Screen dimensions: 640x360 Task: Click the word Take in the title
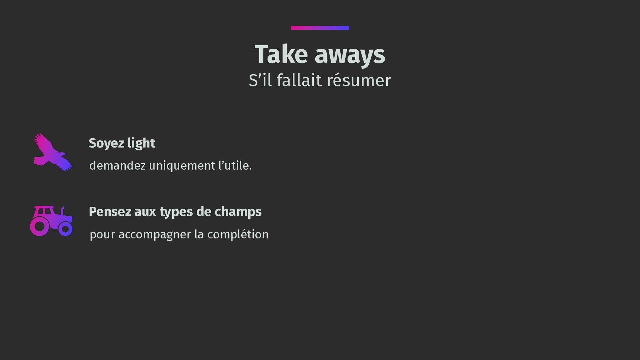tap(281, 54)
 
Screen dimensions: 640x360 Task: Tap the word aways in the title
tap(350, 56)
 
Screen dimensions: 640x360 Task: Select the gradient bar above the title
tap(320, 28)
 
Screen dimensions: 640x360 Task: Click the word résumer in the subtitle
tap(359, 80)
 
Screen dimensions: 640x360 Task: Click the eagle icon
tap(53, 153)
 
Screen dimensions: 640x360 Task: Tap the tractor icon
tap(51, 221)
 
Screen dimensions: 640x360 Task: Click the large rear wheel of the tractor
tap(40, 226)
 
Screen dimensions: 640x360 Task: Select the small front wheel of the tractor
tap(65, 229)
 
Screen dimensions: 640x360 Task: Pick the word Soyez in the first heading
tap(106, 144)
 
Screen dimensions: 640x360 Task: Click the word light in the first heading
tap(141, 143)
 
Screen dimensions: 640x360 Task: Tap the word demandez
tap(118, 165)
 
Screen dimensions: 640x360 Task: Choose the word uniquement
tap(182, 166)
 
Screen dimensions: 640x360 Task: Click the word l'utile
tap(235, 165)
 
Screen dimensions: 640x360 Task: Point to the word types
tap(176, 212)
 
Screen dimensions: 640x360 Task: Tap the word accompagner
tap(155, 235)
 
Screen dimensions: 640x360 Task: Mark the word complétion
tap(238, 234)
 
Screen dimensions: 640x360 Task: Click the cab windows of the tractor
tap(44, 211)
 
